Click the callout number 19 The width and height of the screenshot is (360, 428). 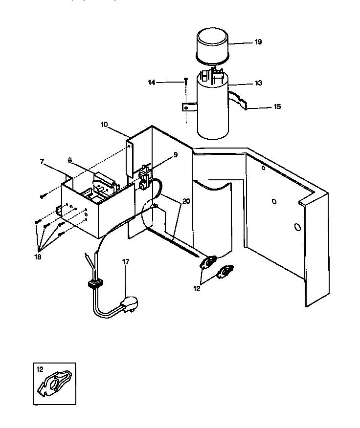click(258, 42)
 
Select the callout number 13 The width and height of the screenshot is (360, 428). click(258, 84)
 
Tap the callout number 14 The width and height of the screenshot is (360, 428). click(152, 83)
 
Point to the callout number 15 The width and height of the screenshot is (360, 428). click(278, 107)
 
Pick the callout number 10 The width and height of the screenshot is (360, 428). click(104, 125)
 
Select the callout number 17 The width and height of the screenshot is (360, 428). click(126, 262)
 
